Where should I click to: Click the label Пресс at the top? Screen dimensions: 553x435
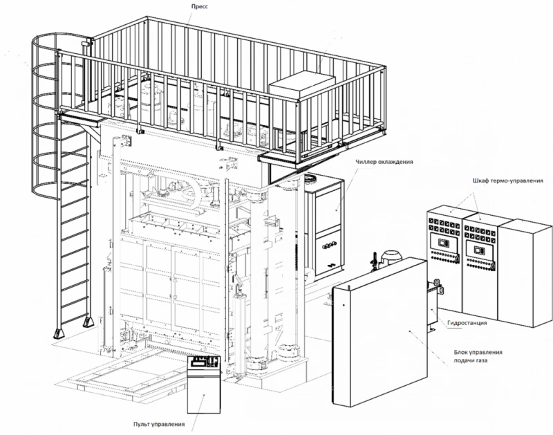200,6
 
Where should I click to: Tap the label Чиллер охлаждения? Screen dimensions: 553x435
384,162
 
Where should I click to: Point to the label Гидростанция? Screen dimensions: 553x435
467,322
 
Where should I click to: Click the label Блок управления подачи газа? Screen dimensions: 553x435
478,356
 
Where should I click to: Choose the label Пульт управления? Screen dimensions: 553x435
159,424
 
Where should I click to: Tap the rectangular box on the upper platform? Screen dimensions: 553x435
302,84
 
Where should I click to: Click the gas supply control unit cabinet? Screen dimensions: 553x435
380,332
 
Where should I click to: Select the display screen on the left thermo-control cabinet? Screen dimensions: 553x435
442,243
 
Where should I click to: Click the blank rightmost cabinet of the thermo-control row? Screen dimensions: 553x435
525,272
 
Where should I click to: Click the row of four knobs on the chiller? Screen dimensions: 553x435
330,245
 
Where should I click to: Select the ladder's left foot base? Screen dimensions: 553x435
58,333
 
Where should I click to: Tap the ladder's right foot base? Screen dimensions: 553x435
87,322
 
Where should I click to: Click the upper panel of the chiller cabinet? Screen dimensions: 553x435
329,208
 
